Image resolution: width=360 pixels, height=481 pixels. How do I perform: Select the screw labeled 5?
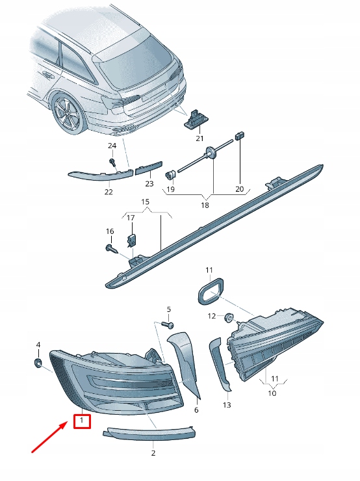tap(170, 324)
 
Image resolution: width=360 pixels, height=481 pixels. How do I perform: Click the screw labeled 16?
tap(112, 248)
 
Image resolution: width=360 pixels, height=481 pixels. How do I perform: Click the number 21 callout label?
tap(199, 138)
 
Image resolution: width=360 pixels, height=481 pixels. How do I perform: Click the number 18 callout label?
tap(205, 205)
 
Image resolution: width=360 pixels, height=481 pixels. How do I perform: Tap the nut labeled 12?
tap(229, 318)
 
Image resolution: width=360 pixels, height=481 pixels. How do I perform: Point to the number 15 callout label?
tap(146, 202)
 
